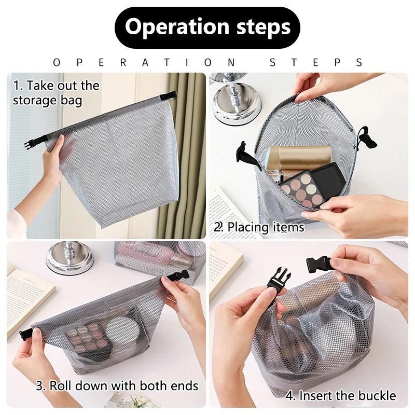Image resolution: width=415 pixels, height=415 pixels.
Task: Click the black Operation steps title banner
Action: coord(208,27)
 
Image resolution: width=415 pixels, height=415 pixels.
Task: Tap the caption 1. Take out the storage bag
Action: coord(56,92)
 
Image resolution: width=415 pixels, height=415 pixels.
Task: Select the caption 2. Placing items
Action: coord(259,227)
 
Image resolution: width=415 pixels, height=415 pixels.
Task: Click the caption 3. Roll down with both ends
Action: coord(117,385)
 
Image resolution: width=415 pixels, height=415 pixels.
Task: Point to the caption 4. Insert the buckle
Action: coord(341,396)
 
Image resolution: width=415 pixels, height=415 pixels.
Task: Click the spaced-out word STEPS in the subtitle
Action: coord(316,62)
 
